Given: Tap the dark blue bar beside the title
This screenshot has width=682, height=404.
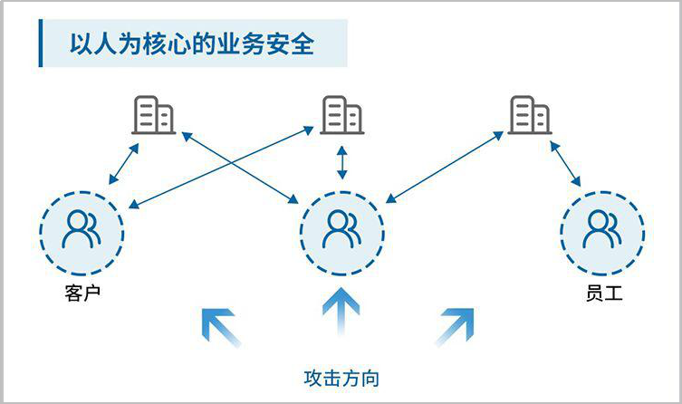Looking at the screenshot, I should click(40, 44).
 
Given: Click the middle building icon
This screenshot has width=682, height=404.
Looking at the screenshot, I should click(341, 115).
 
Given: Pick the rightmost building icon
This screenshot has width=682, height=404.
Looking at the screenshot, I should click(530, 115).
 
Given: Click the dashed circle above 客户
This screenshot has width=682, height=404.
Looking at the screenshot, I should click(81, 231).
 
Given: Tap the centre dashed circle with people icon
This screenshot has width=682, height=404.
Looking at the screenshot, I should click(341, 231).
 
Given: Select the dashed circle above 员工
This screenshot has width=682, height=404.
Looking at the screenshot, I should click(602, 231).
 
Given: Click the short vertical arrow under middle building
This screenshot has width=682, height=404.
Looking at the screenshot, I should click(341, 163).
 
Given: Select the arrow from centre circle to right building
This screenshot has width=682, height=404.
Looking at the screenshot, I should click(444, 165).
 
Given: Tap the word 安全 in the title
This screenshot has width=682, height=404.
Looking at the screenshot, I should click(291, 44).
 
